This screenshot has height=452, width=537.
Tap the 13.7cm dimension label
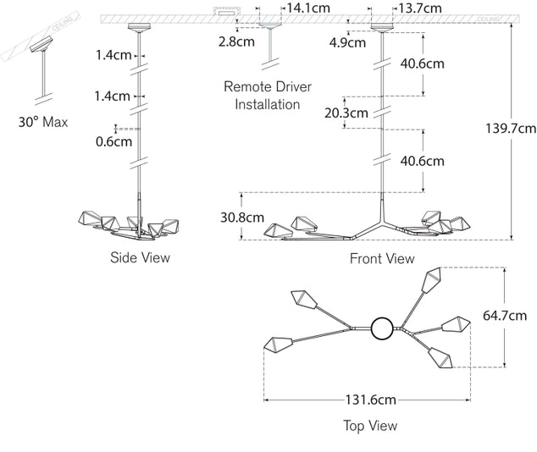[419, 8]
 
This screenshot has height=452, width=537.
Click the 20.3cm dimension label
[347, 112]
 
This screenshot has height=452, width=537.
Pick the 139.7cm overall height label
[510, 129]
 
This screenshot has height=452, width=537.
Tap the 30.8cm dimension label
[241, 217]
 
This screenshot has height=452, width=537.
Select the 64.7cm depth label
[505, 317]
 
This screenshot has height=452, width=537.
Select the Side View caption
[140, 257]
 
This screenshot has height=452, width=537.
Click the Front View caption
[382, 258]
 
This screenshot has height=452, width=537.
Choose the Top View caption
[370, 426]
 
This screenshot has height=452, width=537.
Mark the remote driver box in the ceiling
[225, 12]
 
